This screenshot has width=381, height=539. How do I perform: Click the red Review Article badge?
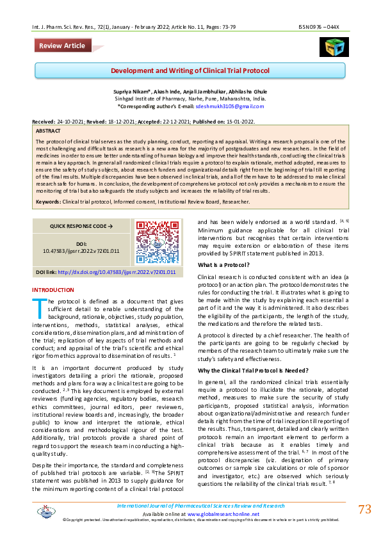(x=61, y=45)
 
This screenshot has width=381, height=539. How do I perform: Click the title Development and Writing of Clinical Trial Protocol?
(x=190, y=70)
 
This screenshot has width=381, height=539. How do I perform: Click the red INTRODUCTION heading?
(x=53, y=290)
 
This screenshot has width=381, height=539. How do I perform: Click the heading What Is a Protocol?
(x=223, y=265)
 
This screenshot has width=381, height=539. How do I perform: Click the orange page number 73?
(x=364, y=510)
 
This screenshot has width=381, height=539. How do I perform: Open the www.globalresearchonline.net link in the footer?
(x=223, y=514)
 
